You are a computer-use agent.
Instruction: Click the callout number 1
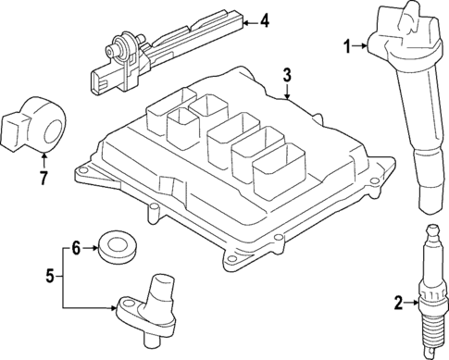(347, 44)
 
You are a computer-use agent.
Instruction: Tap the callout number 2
(398, 302)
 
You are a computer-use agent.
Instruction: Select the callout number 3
(287, 74)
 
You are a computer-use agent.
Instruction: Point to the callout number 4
(264, 19)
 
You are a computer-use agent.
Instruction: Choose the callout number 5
(53, 275)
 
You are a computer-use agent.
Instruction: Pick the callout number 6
(78, 246)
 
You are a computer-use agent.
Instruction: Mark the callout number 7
(42, 175)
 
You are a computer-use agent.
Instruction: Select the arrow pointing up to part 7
(42, 159)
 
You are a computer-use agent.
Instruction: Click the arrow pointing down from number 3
(287, 93)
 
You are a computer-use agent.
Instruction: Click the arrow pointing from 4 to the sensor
(245, 19)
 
